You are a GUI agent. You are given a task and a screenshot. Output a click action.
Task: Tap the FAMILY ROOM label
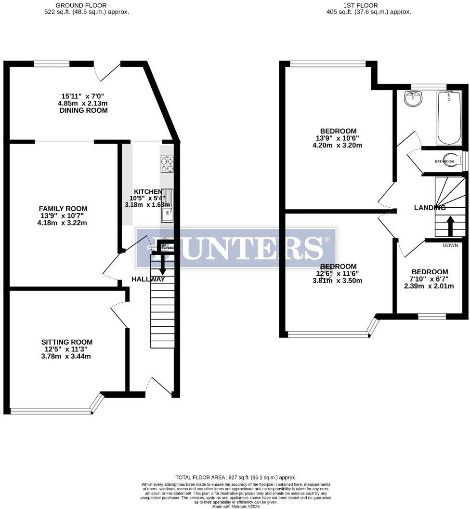tap(63, 208)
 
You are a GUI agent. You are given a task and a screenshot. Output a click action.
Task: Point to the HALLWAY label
tap(149, 279)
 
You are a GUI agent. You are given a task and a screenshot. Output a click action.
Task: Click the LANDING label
tap(430, 208)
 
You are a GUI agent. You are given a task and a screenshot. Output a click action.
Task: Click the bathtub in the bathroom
tap(449, 117)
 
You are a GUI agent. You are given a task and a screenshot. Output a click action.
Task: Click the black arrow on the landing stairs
tap(451, 226)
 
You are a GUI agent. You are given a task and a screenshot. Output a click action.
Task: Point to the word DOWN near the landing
tap(450, 245)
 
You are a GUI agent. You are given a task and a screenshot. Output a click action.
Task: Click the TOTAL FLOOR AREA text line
tap(235, 477)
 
